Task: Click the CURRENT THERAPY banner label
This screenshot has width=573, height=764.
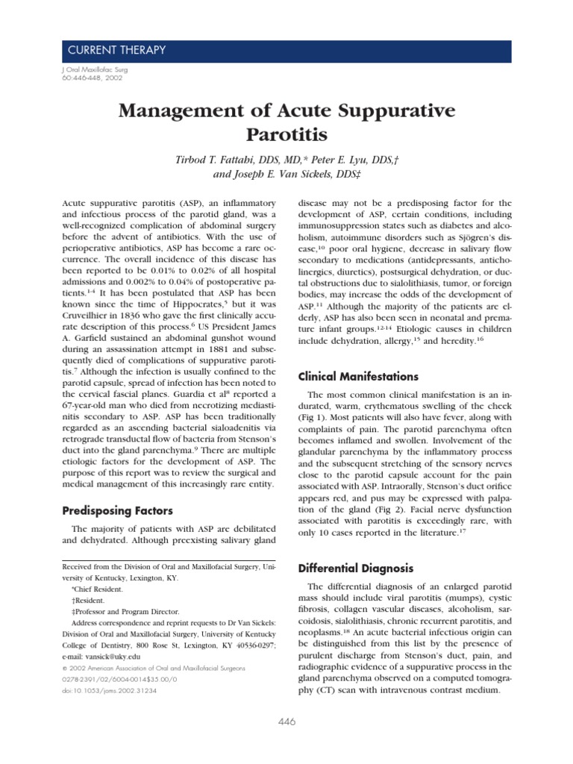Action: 116,51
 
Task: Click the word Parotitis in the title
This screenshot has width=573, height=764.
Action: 286,137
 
